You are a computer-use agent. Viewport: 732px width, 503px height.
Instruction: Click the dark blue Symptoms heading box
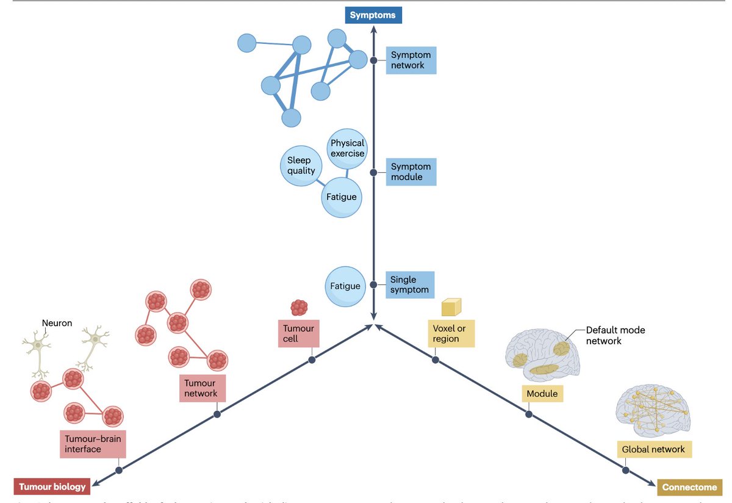coord(373,15)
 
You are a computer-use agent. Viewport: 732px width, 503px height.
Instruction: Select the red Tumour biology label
coord(52,487)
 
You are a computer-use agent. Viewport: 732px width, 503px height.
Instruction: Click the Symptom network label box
coord(411,60)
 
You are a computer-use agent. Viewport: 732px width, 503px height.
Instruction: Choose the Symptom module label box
coord(411,172)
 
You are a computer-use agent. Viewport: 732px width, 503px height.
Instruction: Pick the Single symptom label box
coord(410,284)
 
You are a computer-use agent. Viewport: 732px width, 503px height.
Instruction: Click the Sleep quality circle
coord(301,165)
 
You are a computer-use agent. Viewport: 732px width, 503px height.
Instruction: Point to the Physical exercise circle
coord(347,148)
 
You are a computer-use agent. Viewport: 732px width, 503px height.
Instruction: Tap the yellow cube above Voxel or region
coord(451,307)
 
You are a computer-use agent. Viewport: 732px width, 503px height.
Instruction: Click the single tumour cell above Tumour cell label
coord(299,307)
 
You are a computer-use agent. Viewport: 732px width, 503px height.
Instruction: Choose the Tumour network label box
coord(201,388)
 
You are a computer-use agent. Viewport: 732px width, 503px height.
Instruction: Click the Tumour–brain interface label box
coord(93,444)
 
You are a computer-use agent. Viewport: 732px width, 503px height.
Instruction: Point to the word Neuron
coord(57,323)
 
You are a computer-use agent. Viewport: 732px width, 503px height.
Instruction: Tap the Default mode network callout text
coord(615,335)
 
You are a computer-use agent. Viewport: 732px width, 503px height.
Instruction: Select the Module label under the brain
coord(542,394)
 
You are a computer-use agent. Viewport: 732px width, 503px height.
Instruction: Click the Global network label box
coord(653,449)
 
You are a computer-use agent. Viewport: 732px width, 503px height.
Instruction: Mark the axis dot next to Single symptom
coord(373,284)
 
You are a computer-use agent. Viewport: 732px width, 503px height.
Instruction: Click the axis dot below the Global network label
coord(625,470)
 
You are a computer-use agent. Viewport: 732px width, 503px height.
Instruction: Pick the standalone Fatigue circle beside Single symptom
coord(345,286)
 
